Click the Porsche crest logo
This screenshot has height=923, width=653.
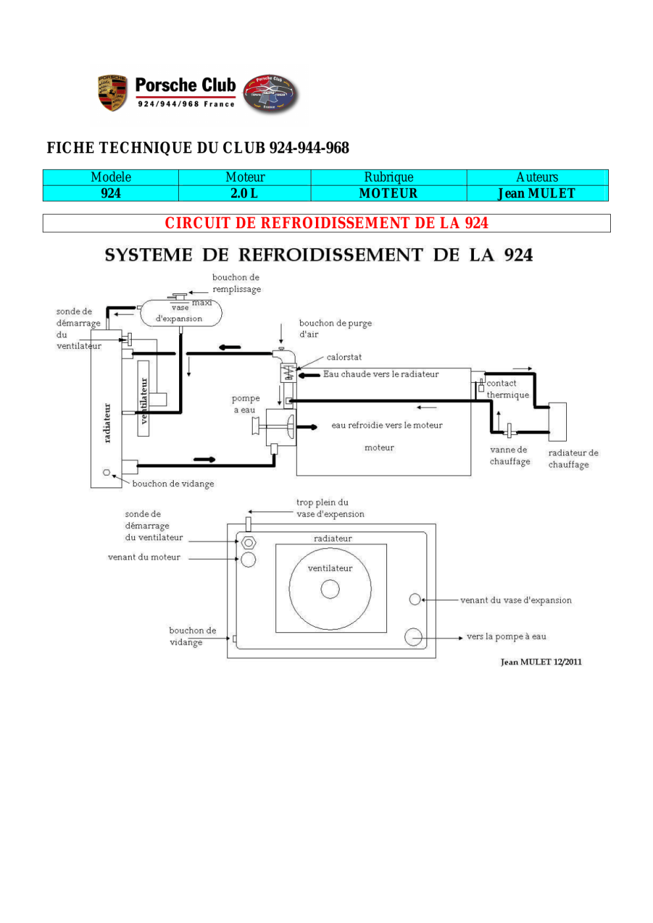(x=112, y=93)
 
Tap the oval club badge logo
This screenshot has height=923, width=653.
(x=270, y=93)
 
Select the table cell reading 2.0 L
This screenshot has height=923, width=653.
(x=244, y=193)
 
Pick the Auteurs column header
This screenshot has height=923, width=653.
(x=537, y=177)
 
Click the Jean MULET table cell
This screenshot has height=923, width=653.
(x=537, y=193)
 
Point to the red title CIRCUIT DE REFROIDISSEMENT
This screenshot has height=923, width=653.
(x=326, y=223)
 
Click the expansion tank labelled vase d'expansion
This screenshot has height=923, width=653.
(x=181, y=313)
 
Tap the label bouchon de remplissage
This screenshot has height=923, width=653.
(x=236, y=283)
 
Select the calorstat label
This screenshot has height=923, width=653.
(x=344, y=357)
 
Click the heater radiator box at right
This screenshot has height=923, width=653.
(x=558, y=422)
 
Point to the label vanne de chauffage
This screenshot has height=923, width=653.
(x=509, y=456)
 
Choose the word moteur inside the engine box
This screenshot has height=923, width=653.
(x=379, y=447)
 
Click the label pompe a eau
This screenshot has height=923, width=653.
(x=246, y=404)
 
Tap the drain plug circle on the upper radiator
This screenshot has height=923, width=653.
(x=107, y=472)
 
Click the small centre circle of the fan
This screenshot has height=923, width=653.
(x=330, y=589)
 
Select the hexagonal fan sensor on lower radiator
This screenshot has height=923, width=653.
(x=248, y=543)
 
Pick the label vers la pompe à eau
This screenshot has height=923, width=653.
(x=506, y=636)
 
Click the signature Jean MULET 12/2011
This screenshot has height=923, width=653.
(x=541, y=662)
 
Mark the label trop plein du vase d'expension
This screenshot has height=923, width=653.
(x=330, y=508)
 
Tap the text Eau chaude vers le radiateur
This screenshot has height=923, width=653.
(x=380, y=374)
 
